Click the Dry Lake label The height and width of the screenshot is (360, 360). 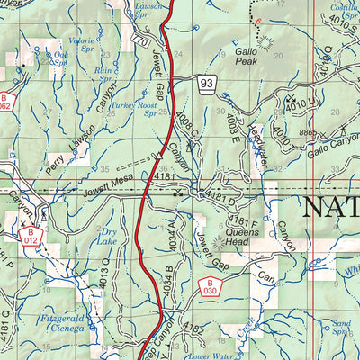pos(106,236)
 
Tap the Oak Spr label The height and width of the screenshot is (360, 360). pos(60,58)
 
